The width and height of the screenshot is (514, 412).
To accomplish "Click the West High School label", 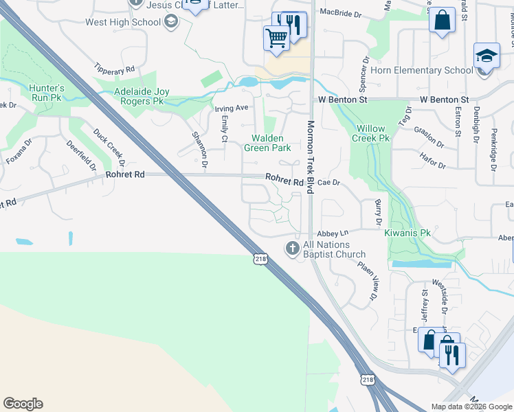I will click(122, 22).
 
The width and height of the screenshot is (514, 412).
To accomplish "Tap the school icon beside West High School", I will click(171, 22).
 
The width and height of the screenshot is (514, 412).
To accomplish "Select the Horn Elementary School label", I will click(421, 70).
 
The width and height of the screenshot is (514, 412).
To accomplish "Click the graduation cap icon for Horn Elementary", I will click(486, 55).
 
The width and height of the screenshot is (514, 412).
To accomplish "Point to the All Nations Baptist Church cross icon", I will click(293, 248).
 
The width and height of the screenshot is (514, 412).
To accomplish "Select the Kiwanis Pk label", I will click(407, 233).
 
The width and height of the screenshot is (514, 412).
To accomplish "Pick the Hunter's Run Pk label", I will click(47, 93).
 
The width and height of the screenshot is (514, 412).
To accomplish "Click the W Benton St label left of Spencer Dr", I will click(343, 100).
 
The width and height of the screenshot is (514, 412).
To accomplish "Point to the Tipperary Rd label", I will click(115, 70).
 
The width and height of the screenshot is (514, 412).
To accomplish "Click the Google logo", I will click(23, 404).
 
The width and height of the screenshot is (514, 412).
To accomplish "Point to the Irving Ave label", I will click(231, 108).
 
